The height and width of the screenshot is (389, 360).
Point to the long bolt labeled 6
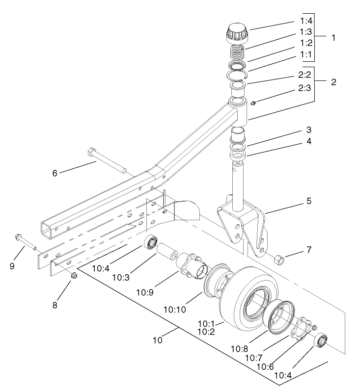(109, 161)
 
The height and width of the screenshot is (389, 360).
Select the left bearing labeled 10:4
(151, 242)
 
